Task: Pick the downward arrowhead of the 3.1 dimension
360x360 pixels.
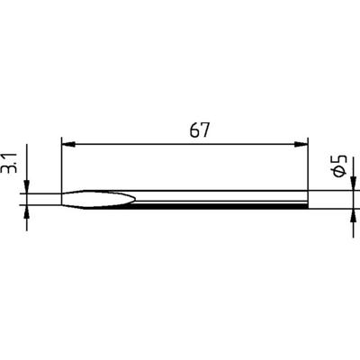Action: [28, 184]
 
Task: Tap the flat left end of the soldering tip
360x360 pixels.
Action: [62, 199]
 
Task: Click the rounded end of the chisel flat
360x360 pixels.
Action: [135, 199]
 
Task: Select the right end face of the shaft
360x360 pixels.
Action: [307, 199]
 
